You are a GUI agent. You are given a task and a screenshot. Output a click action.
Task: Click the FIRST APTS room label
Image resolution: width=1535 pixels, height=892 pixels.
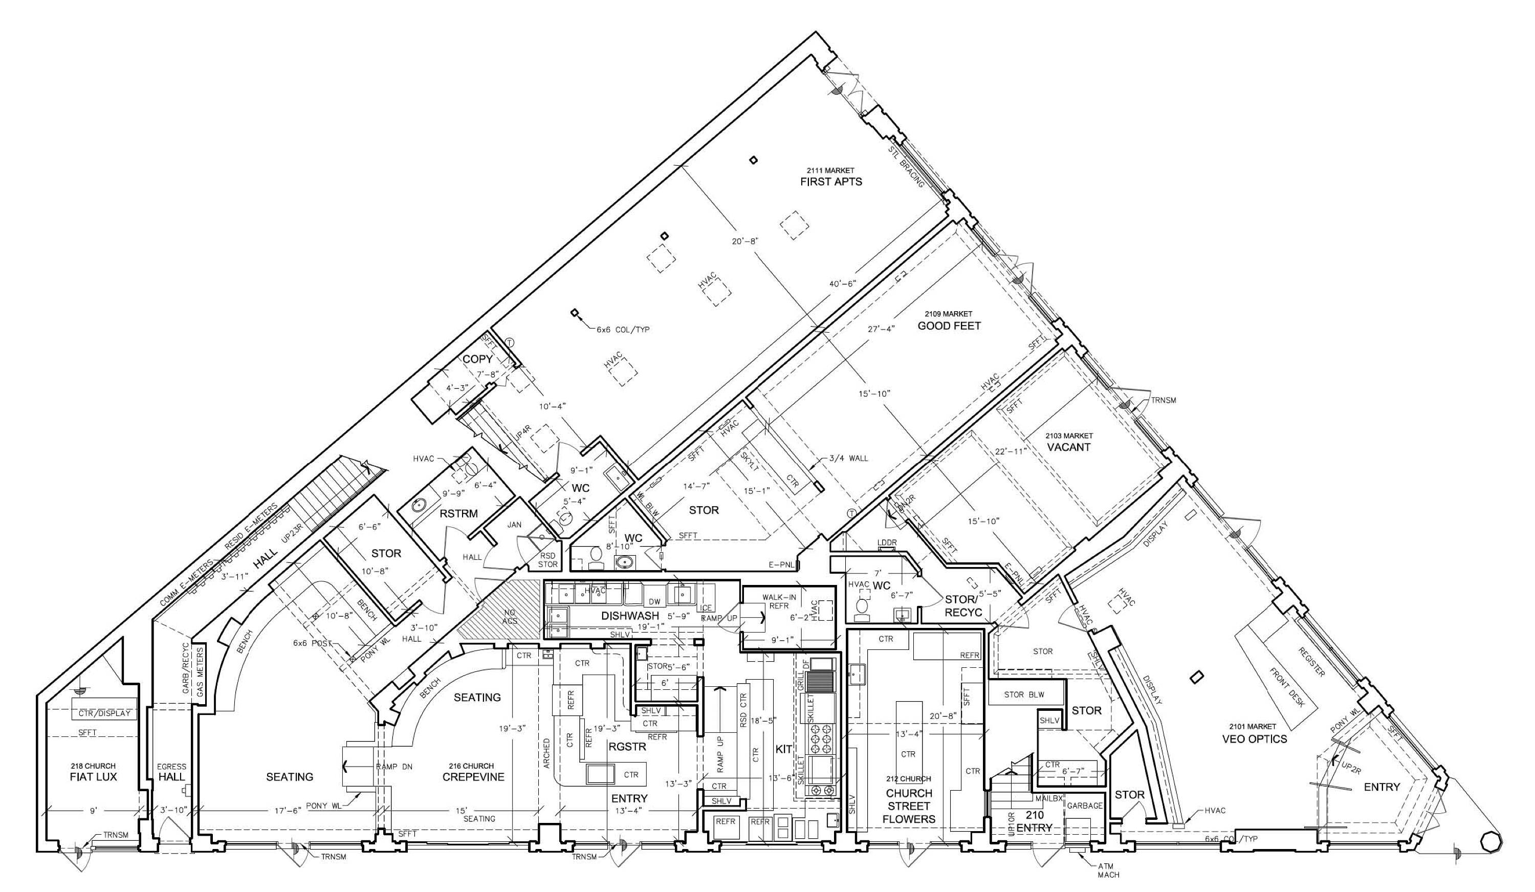(831, 182)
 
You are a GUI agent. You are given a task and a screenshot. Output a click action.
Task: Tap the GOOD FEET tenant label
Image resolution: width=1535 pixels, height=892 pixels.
(949, 326)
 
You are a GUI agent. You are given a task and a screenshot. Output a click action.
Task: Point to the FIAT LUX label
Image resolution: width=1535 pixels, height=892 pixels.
(93, 777)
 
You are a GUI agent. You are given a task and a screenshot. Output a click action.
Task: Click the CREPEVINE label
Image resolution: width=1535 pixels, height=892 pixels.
(473, 777)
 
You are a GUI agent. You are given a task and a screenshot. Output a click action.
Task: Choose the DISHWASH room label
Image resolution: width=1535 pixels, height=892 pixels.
(630, 616)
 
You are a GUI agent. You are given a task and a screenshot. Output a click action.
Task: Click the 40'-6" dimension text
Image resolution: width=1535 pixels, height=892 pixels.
(842, 284)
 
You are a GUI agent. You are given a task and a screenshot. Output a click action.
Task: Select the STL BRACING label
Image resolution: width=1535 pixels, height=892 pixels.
(905, 166)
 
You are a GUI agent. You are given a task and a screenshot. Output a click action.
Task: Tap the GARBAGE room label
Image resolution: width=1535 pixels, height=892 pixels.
(1084, 806)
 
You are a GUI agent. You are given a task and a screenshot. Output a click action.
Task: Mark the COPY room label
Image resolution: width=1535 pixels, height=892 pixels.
(477, 359)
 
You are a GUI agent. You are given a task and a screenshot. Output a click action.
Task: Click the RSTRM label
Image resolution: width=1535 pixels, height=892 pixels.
(458, 514)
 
